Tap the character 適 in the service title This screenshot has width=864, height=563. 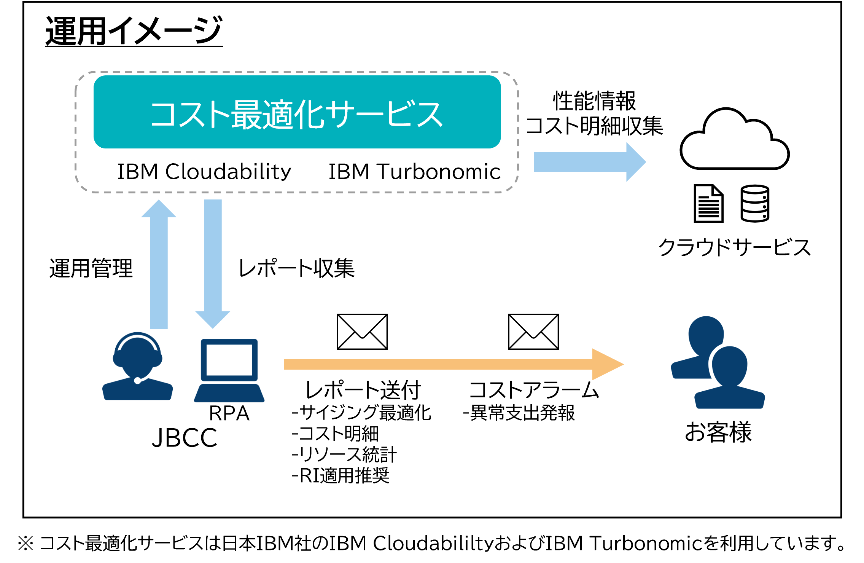pos(278,114)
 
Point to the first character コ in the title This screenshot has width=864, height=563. pos(163,114)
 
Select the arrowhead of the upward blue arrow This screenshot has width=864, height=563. pos(159,209)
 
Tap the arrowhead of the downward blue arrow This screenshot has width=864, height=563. pos(213,319)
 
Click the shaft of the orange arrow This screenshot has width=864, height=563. pos(438,364)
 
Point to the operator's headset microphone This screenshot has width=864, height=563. pos(137,380)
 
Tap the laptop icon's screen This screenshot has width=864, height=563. pos(229,360)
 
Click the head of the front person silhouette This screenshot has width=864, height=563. pos(729,365)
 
